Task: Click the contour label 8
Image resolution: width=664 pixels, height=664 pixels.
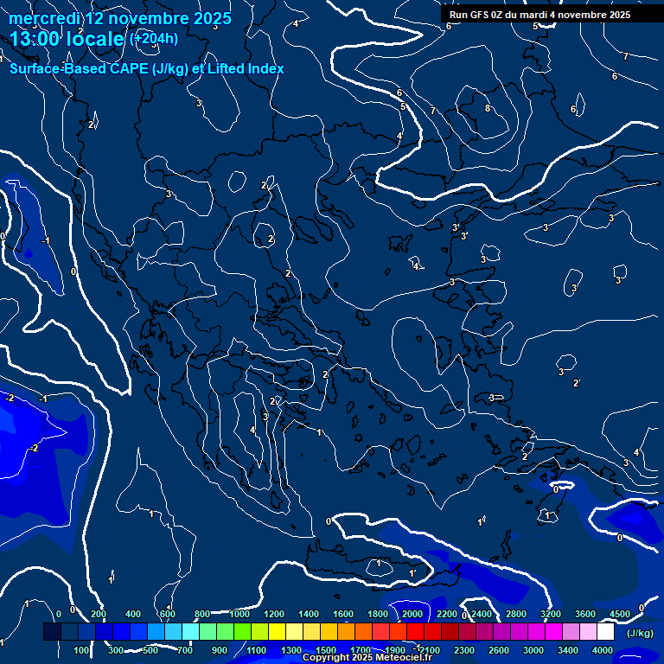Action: click(x=488, y=108)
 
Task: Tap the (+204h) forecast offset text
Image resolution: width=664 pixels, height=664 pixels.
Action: click(x=154, y=38)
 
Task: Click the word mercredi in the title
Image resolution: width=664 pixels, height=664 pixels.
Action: click(x=42, y=18)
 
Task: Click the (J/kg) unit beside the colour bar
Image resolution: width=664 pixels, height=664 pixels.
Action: click(x=640, y=633)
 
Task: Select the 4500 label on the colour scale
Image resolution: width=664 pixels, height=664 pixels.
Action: click(x=619, y=614)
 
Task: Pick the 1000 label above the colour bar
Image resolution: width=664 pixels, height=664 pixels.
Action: click(x=239, y=614)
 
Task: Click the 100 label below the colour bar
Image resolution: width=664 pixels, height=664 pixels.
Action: click(x=81, y=650)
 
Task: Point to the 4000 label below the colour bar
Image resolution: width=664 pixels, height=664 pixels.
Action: click(x=603, y=650)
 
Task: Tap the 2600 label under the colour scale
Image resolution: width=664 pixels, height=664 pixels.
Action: click(x=499, y=650)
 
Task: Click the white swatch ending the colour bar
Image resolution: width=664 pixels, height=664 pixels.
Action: click(x=605, y=632)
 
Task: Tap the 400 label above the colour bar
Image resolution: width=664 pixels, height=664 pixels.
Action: click(x=133, y=614)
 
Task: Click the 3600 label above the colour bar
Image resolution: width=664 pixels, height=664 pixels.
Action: click(x=585, y=614)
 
